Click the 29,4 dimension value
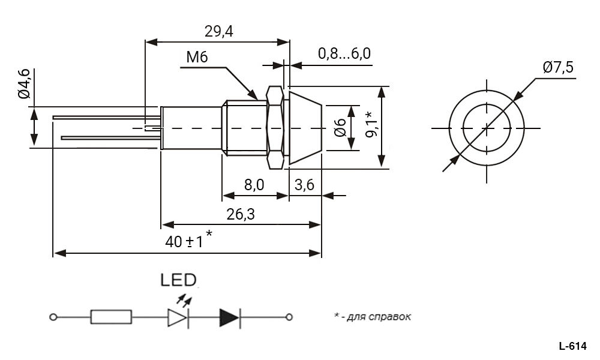[219, 32]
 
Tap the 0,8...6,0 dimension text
[344, 54]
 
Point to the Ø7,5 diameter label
[558, 67]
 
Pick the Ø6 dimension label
[340, 127]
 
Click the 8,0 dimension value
[254, 185]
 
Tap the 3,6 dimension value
[305, 185]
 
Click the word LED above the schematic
[178, 280]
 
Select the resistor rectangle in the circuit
[111, 317]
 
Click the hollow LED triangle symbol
[178, 317]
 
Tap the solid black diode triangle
[229, 317]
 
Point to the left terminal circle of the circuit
[53, 317]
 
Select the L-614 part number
[572, 346]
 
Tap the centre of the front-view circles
[487, 128]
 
